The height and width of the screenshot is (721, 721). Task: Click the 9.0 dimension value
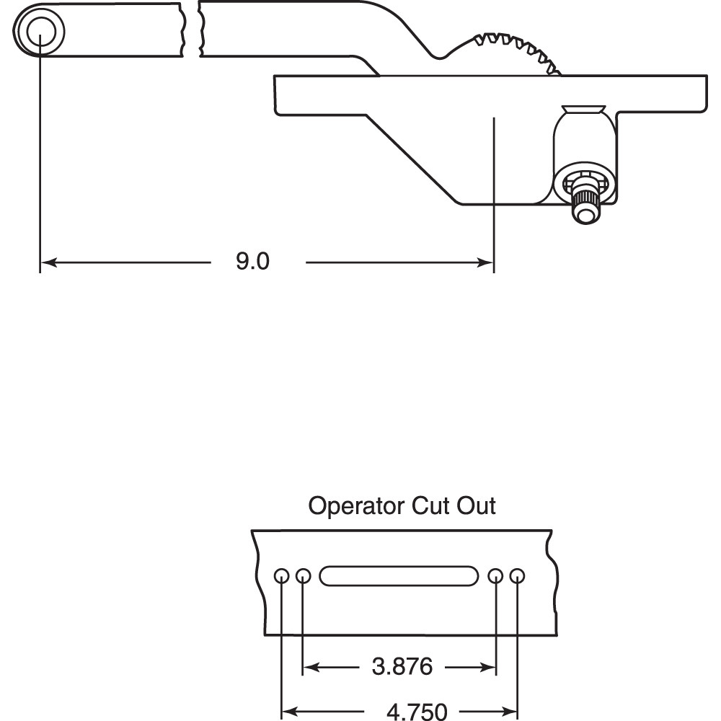point(252,261)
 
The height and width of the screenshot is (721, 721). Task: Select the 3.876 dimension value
point(402,667)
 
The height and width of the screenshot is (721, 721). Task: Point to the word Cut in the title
point(431,506)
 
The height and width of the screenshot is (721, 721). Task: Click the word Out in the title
point(476,506)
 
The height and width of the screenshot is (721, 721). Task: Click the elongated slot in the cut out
point(399,575)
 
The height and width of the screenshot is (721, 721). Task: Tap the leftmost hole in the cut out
point(282,575)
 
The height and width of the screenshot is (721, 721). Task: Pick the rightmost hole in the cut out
point(516,575)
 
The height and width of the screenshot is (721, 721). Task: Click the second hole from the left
point(303,575)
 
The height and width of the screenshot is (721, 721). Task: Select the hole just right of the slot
point(495,575)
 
